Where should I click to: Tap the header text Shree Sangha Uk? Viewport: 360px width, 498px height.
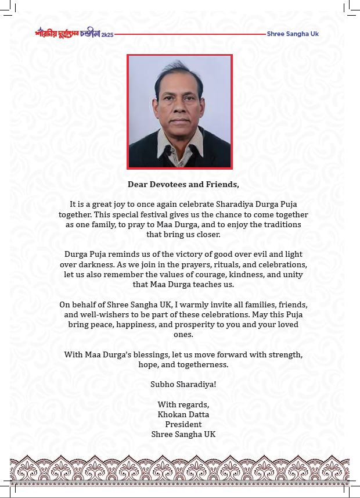point(293,34)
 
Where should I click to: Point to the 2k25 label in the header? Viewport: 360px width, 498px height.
point(107,35)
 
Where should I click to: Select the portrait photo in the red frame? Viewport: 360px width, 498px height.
point(179,112)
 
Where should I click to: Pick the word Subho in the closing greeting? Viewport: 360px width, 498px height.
point(163,384)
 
